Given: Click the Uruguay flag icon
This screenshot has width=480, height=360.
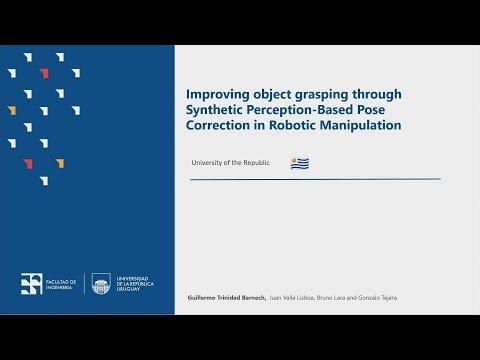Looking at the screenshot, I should pos(299,163).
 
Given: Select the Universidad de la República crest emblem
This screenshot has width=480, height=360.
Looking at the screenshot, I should pos(101,284).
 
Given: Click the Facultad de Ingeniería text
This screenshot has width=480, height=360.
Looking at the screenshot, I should pos(61,285).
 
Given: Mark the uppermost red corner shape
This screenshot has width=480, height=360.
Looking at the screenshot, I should pos(43,72).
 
